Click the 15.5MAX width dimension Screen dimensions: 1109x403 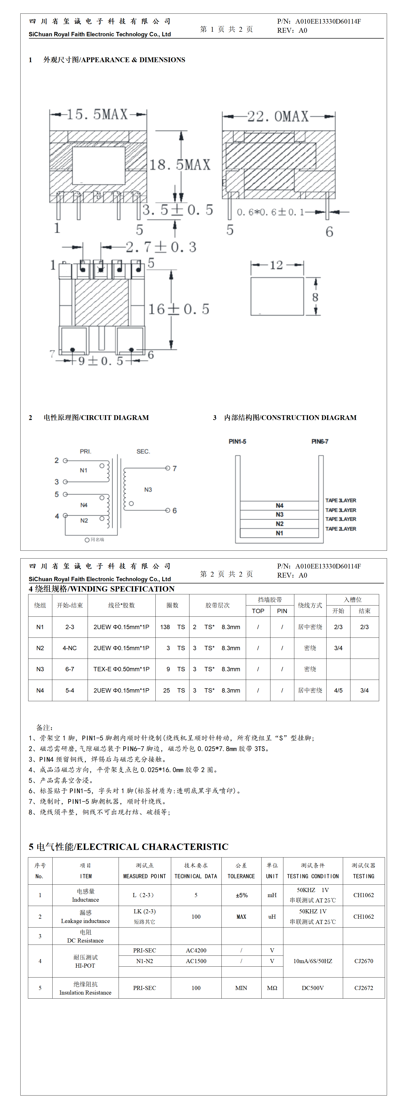point(98,114)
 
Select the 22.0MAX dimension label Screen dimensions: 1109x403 point(278,116)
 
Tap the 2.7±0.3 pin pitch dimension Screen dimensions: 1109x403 point(161,247)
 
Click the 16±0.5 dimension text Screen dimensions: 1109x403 point(179,309)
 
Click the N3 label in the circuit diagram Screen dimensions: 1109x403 point(148,490)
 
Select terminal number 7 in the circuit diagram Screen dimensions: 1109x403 point(174,468)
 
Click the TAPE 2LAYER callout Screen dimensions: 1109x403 point(341,529)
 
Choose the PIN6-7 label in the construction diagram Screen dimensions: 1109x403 point(320,441)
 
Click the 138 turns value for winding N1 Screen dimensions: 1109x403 point(165,627)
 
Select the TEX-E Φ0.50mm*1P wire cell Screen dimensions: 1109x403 point(122,669)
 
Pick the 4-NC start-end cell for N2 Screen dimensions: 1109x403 point(70,648)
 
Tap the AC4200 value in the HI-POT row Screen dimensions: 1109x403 point(196,950)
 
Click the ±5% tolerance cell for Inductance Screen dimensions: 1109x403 point(241,895)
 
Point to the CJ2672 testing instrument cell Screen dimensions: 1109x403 point(364,988)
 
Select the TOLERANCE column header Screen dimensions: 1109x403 point(241,876)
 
